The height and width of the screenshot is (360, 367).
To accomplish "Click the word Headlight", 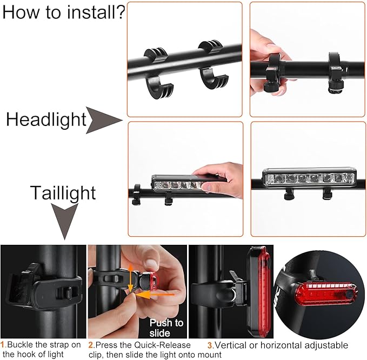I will (46, 119).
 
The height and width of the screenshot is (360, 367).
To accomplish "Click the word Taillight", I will (63, 193).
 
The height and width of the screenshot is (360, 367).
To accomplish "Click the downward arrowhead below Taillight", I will (64, 222).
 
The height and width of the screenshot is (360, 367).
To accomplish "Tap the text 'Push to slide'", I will (166, 328).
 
